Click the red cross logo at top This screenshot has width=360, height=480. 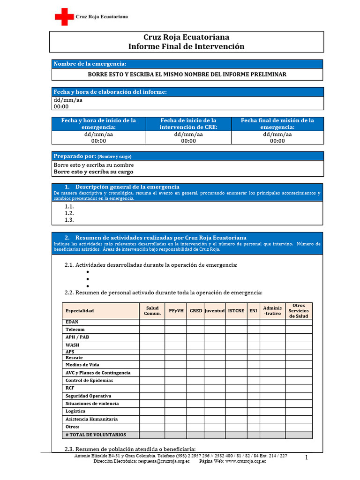point(64,17)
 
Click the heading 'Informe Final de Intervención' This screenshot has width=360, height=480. point(186,46)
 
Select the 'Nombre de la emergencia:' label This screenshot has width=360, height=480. point(90,64)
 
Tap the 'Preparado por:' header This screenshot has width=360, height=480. point(75,156)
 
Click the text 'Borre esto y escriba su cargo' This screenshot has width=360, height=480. point(93,172)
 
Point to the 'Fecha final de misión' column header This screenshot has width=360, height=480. point(277,124)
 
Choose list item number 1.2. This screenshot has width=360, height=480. point(69,213)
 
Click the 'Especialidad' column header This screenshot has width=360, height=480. point(80,311)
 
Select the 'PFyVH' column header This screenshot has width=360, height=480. point(176,311)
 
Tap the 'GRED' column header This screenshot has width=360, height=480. point(196,311)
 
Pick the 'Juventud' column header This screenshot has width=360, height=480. point(215,311)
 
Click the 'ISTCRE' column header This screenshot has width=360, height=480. point(236,311)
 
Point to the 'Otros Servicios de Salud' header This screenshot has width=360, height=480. point(299,311)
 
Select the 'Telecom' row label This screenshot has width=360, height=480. point(75,330)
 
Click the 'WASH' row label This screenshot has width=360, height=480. point(72,345)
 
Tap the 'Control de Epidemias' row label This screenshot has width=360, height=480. point(89,380)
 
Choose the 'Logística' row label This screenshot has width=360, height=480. point(75,411)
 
